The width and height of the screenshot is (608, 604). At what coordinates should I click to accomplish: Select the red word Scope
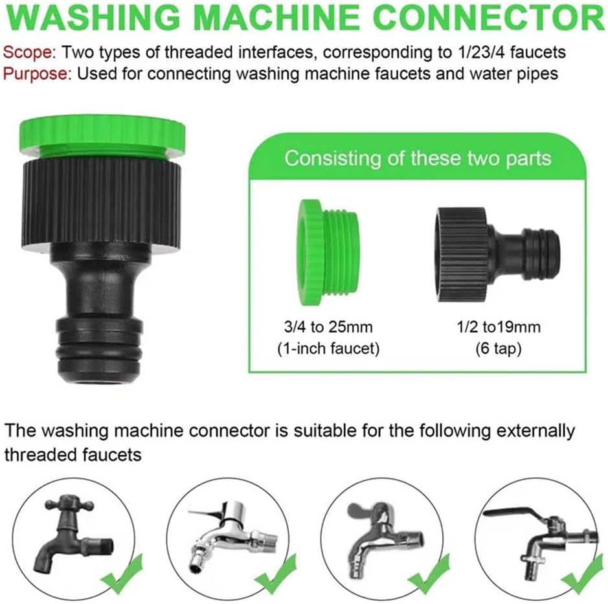pos(30,52)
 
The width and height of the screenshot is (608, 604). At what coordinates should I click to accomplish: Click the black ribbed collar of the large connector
pos(100,203)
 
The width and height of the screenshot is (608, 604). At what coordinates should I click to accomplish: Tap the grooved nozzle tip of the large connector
pos(100,352)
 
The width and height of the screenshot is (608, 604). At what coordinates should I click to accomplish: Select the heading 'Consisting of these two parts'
pos(418,158)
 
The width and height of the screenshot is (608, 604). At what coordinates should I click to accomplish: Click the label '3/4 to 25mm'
pos(328,327)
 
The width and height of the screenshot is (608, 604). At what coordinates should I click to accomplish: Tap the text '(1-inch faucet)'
pos(328,348)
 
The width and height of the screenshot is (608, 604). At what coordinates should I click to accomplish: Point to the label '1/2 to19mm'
pos(499,327)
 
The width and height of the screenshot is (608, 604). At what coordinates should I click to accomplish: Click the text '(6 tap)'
pos(499,348)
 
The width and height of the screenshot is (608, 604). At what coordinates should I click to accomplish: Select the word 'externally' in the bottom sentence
pos(535,431)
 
